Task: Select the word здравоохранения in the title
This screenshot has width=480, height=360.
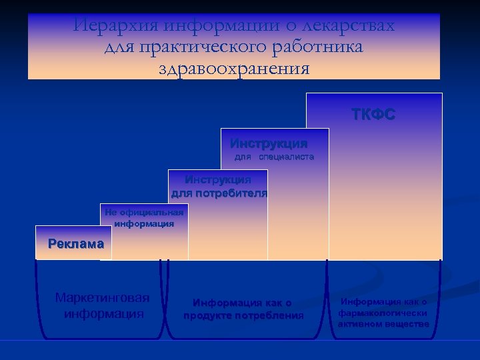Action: pos(234,68)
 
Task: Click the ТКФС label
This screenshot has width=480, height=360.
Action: pos(373,115)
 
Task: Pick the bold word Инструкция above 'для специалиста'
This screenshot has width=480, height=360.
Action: pos(269,143)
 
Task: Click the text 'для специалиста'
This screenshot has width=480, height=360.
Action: pos(273,157)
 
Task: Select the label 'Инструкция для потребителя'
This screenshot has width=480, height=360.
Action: pos(219,187)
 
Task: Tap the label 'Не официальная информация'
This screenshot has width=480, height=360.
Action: pos(144,218)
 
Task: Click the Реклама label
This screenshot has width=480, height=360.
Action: pos(76,244)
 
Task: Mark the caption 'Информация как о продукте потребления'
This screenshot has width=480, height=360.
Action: pos(243,309)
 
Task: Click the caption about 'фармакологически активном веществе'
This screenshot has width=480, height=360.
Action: pos(383,313)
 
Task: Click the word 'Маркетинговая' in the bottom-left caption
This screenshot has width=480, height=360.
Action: pos(103,298)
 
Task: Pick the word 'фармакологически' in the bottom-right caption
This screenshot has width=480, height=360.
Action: pos(383,313)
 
